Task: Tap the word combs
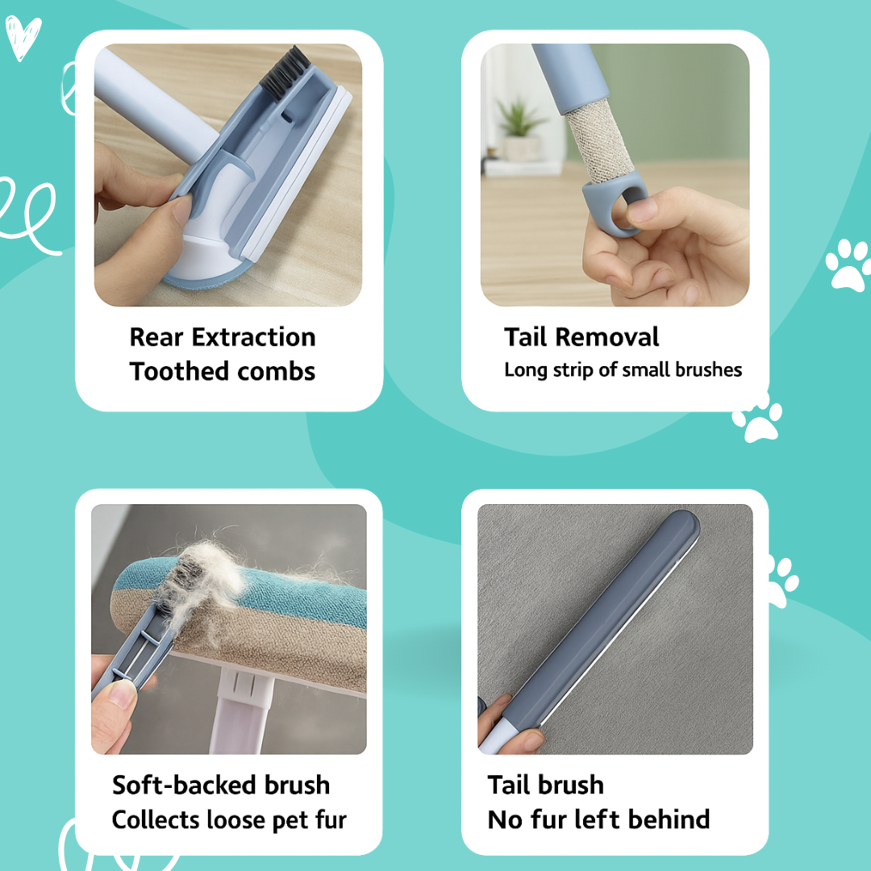pos(277,372)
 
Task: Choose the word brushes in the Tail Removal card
pos(701,369)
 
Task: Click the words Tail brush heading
pos(545,785)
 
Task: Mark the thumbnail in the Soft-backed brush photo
pos(122,693)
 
